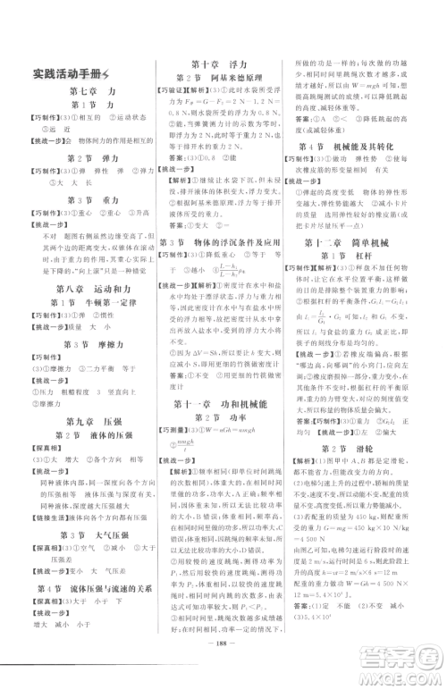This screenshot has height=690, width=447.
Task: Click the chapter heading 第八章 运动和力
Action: click(88, 288)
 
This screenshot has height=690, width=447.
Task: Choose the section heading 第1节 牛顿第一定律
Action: click(88, 304)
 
